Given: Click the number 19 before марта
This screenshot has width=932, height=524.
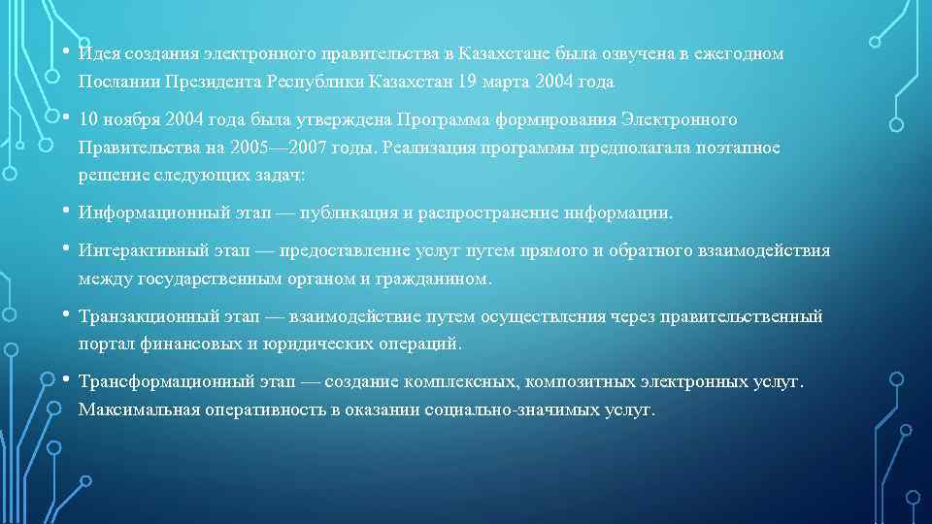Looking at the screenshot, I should [469, 82].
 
